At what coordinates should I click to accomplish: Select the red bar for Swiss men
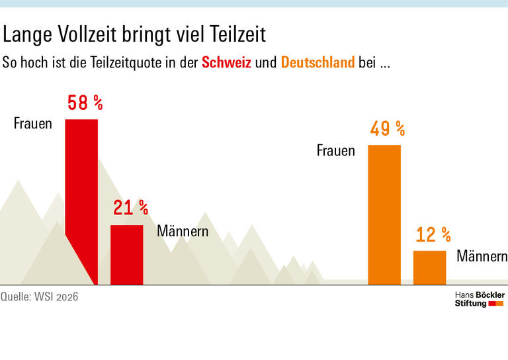coord(126,255)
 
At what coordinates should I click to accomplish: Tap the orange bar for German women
coord(384,214)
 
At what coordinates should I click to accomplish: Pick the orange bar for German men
coord(429,267)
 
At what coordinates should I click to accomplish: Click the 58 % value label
coord(85,103)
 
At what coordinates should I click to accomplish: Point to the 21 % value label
coord(130,208)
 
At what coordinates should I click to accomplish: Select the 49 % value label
coord(387,128)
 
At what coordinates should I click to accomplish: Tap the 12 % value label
coord(433,234)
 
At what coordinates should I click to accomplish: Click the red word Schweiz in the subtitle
coord(226,64)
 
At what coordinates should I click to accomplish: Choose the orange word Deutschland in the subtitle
coord(317,64)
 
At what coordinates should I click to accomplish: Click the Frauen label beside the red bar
coord(33,124)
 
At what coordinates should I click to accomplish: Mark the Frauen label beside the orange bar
coord(335,151)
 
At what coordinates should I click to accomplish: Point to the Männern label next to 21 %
coord(183,232)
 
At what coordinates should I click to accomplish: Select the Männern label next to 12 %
coord(482,257)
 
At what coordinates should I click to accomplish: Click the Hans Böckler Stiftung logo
coord(480,298)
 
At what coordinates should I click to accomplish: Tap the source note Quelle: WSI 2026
coord(40,297)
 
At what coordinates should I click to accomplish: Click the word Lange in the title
coord(29,34)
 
